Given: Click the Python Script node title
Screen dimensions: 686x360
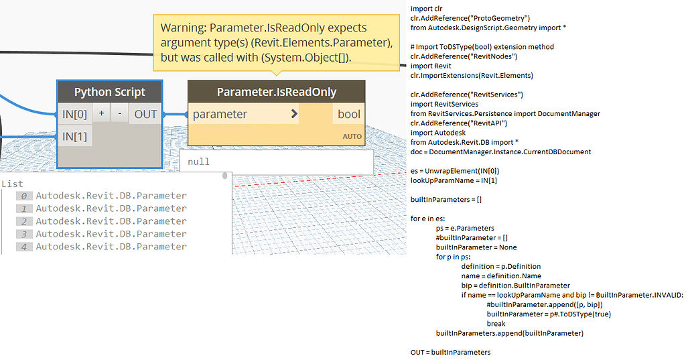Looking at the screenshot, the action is (109, 92).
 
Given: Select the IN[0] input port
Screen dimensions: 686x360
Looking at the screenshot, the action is (74, 115).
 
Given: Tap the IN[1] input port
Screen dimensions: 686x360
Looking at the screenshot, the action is (74, 137).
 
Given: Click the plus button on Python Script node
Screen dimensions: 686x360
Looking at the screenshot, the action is (102, 113).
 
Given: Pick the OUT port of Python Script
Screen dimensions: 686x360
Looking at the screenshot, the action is (145, 115).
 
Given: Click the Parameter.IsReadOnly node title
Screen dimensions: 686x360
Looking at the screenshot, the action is (277, 92).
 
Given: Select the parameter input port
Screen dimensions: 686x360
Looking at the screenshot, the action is (220, 115).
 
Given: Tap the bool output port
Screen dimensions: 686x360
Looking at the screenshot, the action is (348, 115).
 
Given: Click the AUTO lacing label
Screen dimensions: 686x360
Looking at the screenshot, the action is (352, 137).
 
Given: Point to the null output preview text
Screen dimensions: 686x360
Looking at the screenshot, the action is (198, 162).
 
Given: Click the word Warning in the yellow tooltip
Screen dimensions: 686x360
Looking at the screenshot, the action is (184, 27).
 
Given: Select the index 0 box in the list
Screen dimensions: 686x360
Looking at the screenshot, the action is (24, 196).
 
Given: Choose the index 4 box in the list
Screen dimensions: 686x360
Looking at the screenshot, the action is (24, 247).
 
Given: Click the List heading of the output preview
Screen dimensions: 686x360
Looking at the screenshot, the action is (12, 184).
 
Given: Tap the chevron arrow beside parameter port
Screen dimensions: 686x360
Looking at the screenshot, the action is (295, 114).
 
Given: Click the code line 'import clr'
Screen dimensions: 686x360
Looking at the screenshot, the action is (427, 8).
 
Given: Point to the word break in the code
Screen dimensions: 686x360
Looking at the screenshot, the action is (496, 324).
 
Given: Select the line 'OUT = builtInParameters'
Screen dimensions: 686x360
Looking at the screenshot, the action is (451, 352).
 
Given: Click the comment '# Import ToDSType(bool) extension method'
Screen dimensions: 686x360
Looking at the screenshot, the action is (482, 47).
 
